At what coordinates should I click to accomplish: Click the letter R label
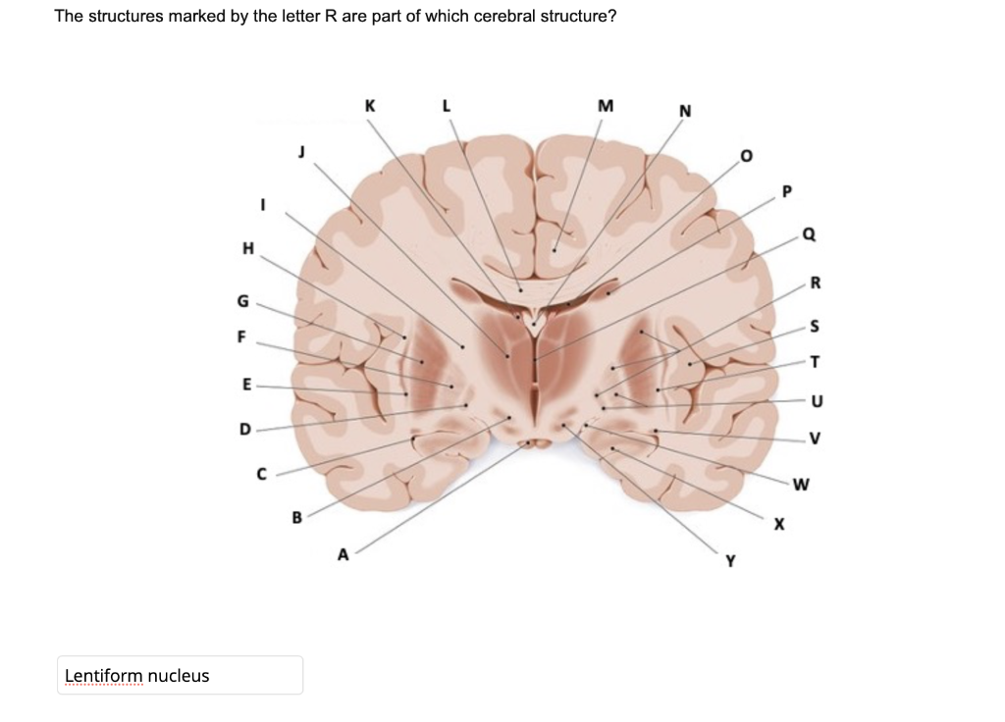tap(815, 284)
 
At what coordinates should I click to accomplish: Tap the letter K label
tap(369, 104)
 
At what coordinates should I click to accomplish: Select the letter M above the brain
tap(605, 105)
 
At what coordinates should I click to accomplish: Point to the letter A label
tap(343, 554)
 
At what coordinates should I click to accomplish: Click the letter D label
tap(245, 429)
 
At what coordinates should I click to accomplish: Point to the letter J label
tap(302, 151)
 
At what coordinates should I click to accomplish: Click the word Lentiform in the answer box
tap(102, 676)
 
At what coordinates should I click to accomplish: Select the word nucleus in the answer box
tap(180, 676)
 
